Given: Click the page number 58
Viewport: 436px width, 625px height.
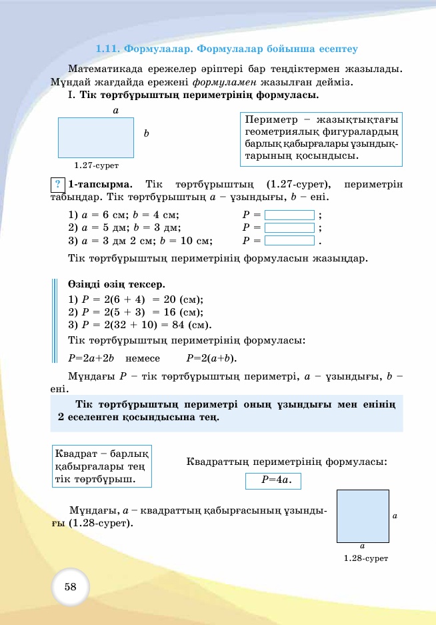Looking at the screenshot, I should (x=70, y=587).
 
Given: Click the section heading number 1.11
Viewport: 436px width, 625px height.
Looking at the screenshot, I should (x=108, y=49).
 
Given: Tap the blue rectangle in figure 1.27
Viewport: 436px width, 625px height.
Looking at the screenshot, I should (x=95, y=137).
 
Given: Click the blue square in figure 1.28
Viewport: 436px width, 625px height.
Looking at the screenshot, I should (x=363, y=516).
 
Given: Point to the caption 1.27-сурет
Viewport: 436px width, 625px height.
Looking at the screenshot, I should (x=96, y=165).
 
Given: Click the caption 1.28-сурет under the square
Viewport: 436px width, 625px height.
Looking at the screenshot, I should (x=365, y=558).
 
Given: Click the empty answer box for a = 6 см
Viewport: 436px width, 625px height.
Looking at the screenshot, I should (x=289, y=215).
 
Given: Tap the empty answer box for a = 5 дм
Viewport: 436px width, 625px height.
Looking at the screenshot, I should (x=289, y=228).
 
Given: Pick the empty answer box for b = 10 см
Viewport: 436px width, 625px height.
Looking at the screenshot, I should (x=289, y=241).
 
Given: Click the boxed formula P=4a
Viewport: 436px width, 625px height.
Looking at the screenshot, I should (x=273, y=480).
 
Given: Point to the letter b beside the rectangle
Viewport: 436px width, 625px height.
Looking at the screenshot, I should (x=146, y=134).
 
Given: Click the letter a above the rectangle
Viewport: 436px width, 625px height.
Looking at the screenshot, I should (x=115, y=110).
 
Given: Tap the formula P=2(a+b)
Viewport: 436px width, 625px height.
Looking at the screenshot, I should (x=211, y=358).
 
